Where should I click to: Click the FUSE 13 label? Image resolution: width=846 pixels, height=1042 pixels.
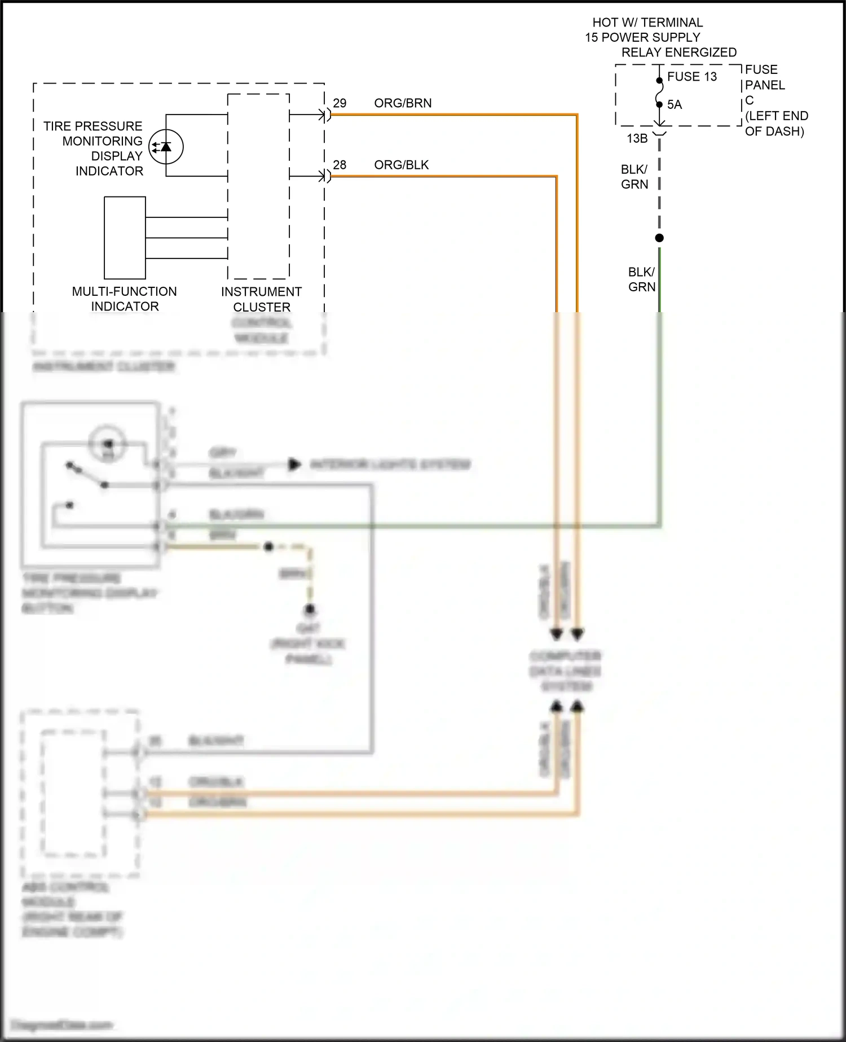point(691,77)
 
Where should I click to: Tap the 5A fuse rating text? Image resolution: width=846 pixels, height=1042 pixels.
point(675,105)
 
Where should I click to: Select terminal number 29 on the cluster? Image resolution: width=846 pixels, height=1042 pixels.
point(340,103)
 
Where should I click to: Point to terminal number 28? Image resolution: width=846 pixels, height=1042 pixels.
point(340,165)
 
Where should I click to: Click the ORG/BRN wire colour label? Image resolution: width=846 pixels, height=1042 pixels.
point(403,103)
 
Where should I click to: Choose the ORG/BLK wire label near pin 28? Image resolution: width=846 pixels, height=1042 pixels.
point(401,165)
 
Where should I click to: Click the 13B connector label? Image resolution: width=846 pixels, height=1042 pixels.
point(637,138)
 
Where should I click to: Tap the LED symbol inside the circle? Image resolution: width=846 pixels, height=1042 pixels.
point(166,147)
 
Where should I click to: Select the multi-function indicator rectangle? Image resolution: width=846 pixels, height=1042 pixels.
point(125,238)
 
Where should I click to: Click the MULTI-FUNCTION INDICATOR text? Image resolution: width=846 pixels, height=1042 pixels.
point(125,299)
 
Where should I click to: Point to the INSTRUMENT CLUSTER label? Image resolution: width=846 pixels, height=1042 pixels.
point(261,299)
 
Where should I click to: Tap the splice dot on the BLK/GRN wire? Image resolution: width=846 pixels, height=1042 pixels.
point(659,238)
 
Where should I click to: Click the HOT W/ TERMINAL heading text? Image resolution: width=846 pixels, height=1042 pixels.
point(647,23)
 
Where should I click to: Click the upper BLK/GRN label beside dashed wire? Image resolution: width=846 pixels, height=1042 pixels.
point(634,177)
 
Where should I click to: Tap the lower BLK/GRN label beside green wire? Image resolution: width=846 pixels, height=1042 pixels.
point(642,279)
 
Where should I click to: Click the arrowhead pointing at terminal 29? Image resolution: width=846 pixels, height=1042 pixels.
point(323,115)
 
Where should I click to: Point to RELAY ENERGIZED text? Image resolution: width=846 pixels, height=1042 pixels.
point(678,52)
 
